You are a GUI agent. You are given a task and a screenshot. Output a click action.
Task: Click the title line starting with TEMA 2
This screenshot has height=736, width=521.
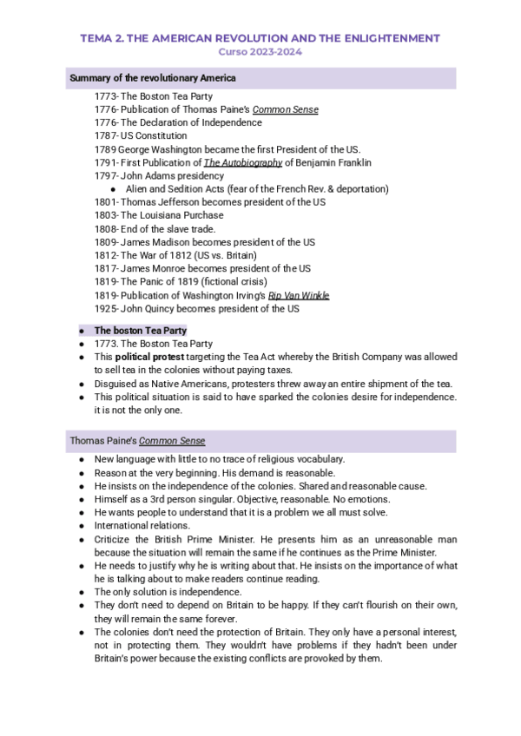260,38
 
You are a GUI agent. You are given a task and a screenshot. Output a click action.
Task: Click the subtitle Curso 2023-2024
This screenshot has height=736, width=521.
260,52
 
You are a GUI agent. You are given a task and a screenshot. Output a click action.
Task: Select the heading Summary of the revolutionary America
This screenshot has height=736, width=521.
153,79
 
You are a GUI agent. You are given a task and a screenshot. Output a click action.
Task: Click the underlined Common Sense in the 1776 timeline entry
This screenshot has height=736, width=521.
285,109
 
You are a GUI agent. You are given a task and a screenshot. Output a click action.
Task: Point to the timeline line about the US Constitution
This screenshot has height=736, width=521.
141,135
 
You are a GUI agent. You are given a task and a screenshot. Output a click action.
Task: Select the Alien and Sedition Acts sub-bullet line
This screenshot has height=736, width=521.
256,188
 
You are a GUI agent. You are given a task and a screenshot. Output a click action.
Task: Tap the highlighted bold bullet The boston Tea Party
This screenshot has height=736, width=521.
140,331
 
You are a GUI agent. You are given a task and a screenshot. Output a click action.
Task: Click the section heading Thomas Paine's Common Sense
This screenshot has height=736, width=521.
137,441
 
